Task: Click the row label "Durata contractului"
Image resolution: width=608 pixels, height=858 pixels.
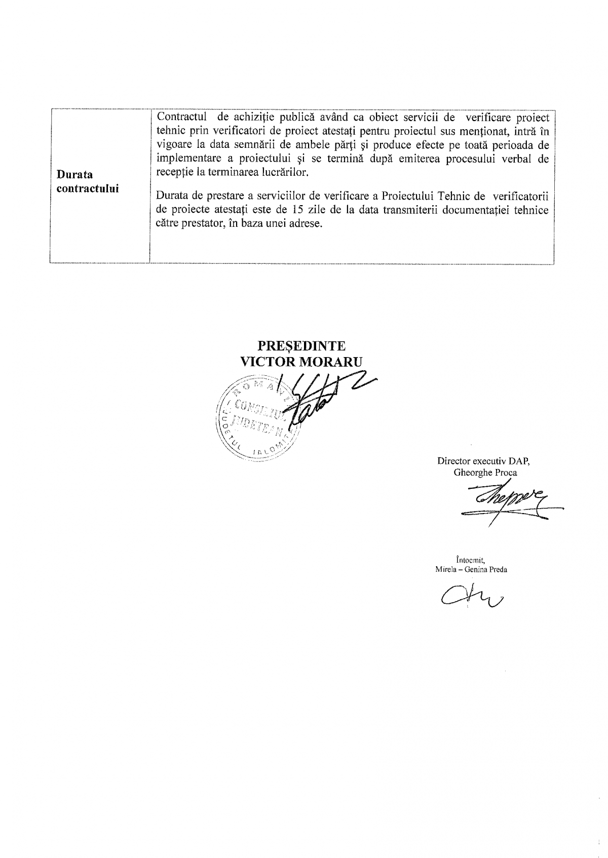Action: tap(88, 182)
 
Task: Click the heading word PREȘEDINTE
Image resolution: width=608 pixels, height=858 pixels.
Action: tap(301, 346)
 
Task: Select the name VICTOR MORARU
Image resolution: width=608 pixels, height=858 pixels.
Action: tap(301, 361)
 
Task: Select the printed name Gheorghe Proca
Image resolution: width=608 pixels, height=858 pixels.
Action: tap(485, 473)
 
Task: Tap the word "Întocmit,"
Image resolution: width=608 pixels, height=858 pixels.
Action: tap(471, 560)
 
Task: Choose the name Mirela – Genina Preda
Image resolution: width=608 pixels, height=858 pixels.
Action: tap(471, 569)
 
